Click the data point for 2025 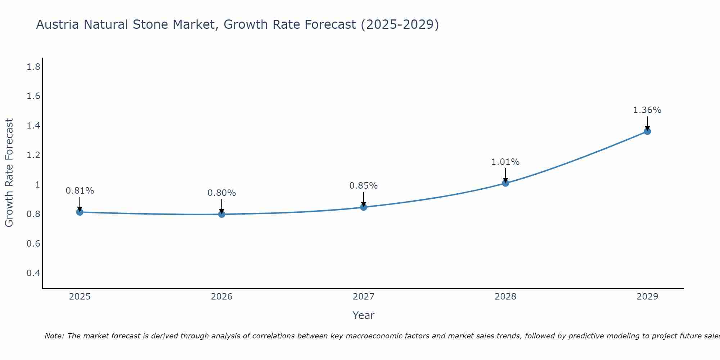80,212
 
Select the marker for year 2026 222,214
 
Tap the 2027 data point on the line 364,207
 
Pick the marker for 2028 505,183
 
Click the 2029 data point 647,131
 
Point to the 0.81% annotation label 80,191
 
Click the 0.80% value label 222,193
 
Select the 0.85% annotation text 364,186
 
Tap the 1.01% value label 505,162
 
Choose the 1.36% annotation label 647,110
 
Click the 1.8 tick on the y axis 33,67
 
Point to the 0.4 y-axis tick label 33,273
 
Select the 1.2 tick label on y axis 33,155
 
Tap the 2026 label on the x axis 222,297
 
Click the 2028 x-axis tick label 505,297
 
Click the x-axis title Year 364,315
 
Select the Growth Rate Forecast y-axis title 9,173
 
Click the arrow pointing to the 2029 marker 647,123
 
